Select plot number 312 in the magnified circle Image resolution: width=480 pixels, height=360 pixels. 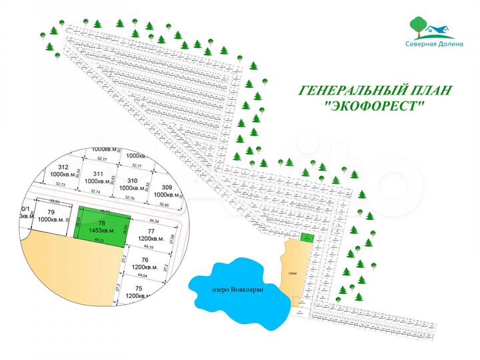tap(64, 171)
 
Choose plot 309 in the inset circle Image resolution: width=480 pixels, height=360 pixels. tap(166, 191)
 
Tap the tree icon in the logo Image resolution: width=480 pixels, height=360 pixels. tap(417, 23)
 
